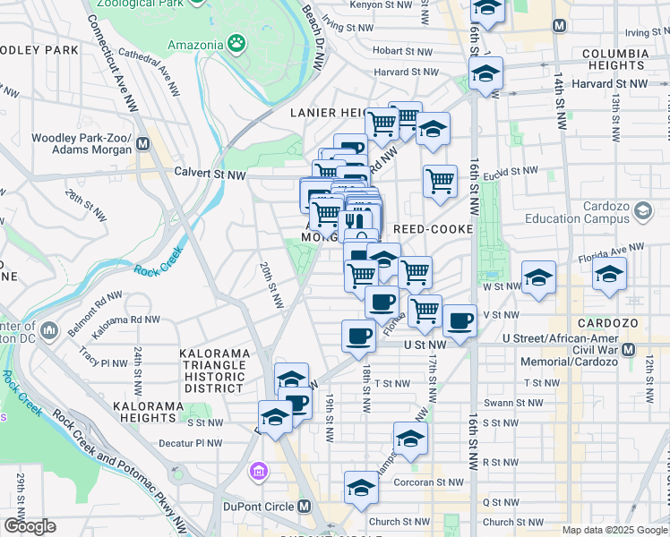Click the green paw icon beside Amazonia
click(236, 41)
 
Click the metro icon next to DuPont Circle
click(305, 507)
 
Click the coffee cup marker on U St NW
click(358, 336)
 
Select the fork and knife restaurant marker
click(357, 221)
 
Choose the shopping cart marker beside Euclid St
click(440, 181)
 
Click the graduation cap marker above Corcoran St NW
click(361, 488)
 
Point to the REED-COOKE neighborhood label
click(433, 229)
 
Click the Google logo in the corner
click(29, 526)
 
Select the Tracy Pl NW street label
click(100, 363)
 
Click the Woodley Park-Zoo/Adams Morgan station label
click(82, 144)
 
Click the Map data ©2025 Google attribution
click(614, 530)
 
